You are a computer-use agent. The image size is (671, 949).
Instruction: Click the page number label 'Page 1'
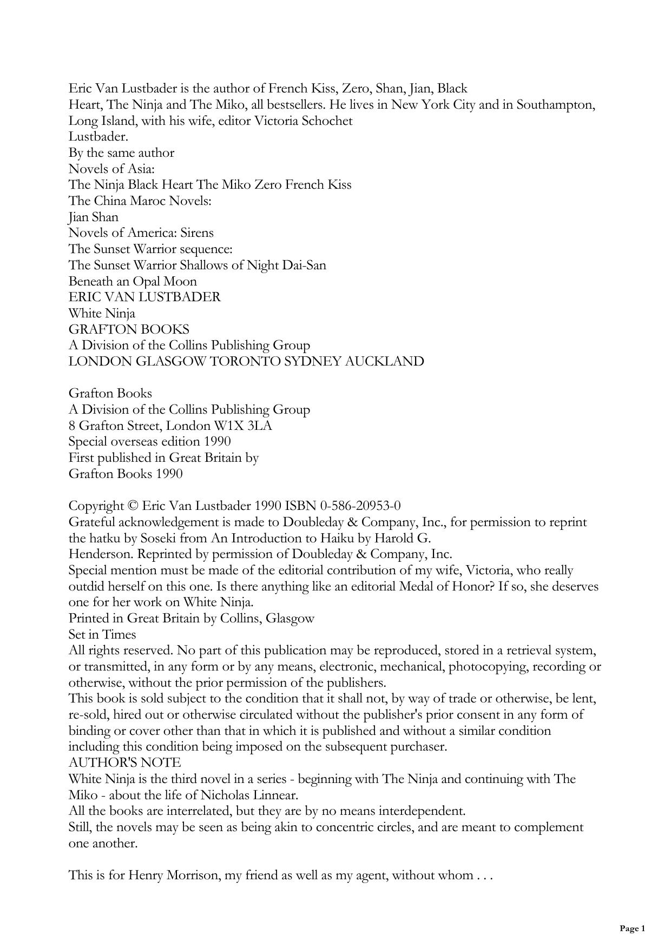632,928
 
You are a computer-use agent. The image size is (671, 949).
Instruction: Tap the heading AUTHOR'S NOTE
124,762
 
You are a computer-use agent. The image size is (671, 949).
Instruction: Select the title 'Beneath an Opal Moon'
133,281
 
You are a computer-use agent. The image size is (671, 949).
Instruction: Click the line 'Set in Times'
102,634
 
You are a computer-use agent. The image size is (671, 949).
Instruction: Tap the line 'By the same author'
121,152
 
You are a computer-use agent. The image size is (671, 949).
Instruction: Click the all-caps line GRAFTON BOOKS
129,329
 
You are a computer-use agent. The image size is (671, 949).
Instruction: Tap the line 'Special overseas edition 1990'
150,441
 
